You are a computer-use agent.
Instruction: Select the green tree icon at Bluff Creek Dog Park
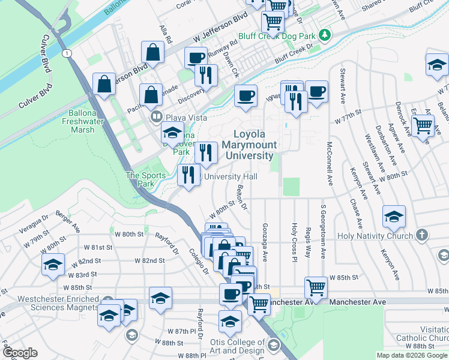coord(325,35)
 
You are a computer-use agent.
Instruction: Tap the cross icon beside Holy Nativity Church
coord(421,235)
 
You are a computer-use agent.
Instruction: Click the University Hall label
coord(231,176)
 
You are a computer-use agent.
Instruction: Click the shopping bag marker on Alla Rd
coord(153,52)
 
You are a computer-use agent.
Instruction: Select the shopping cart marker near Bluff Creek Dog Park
coord(273,22)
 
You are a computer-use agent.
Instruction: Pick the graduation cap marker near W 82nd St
coord(53,263)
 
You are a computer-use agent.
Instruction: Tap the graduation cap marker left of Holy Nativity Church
coord(393,217)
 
